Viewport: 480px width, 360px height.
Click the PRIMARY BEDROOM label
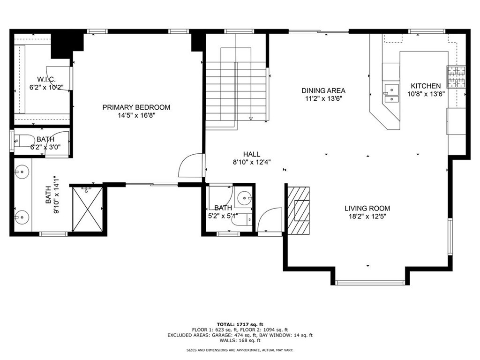coord(136,107)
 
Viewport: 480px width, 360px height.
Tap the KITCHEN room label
coord(426,86)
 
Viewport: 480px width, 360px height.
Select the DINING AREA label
coord(323,90)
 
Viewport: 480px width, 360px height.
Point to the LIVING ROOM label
coord(367,209)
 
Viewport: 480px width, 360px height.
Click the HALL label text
coord(252,154)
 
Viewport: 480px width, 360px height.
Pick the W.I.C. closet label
coord(46,80)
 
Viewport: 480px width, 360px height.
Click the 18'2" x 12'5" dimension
coord(367,217)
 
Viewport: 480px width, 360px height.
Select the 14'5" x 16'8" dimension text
coord(136,116)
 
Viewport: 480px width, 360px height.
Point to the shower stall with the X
coord(87,210)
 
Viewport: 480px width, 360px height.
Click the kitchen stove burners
coord(456,77)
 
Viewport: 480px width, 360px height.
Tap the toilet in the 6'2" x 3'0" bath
coord(25,141)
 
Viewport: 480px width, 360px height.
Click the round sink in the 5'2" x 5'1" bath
coord(244,198)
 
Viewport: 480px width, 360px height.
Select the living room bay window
coord(370,283)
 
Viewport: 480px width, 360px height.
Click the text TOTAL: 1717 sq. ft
coord(240,324)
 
